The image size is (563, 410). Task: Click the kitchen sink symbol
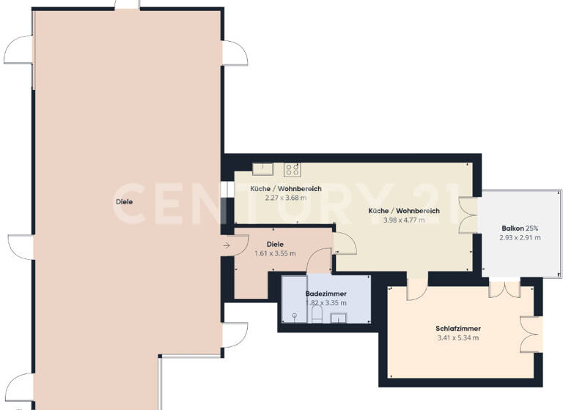[x=262, y=169]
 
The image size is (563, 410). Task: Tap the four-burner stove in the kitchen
[x=292, y=169]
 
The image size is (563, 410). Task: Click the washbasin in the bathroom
[x=339, y=318]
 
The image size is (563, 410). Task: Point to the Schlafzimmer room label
[x=457, y=329]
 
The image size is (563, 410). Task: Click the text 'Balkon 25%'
[x=520, y=228]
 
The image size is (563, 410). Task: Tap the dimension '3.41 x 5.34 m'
[x=457, y=338]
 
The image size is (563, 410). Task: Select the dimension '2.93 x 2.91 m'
[x=520, y=237]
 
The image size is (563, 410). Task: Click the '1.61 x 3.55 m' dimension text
[x=275, y=253]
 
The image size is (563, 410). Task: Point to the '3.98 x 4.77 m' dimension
[x=404, y=220]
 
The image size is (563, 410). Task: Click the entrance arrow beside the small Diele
[x=227, y=245]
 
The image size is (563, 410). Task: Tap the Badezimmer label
[x=325, y=294]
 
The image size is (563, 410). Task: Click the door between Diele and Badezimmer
[x=320, y=261]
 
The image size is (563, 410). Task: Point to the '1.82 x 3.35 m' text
[x=325, y=302]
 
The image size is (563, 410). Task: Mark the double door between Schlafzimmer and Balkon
[x=504, y=288]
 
